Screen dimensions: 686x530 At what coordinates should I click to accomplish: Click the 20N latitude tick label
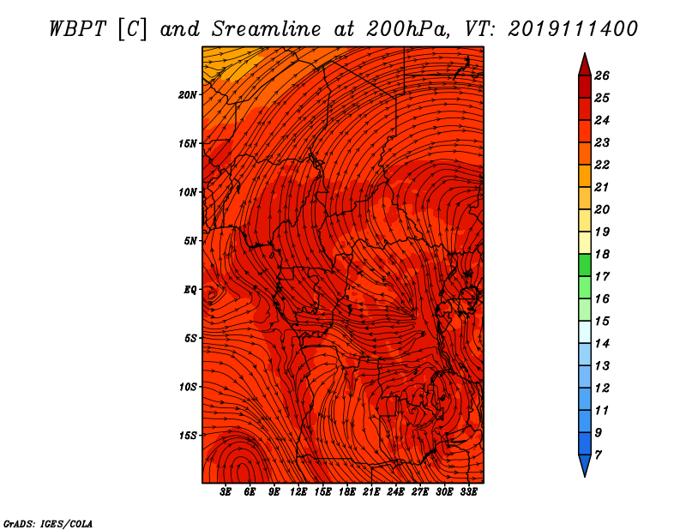coord(187,95)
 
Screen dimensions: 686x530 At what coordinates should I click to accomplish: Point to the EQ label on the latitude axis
coord(190,290)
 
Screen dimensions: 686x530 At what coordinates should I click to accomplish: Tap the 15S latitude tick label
coord(188,436)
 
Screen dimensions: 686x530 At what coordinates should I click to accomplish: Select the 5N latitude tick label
coord(190,241)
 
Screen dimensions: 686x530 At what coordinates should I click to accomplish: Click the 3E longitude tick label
coord(226,492)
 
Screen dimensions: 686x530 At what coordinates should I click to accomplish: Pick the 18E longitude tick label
coord(347,492)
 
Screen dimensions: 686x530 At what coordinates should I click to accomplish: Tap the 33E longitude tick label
coord(468,492)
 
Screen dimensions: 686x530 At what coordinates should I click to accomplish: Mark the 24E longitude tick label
coord(395,492)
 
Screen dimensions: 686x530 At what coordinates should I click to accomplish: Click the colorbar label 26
coord(602,75)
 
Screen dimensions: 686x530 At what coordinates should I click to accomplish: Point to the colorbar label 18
coord(602,254)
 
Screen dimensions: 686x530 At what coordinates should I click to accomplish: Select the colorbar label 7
coord(598,455)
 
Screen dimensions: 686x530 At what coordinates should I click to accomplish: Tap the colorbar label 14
coord(602,344)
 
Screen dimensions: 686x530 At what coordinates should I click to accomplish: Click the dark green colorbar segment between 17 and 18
coord(585,265)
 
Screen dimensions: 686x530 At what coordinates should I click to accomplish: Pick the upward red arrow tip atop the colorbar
coord(585,53)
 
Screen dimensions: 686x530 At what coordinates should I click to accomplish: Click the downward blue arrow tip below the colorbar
coord(585,477)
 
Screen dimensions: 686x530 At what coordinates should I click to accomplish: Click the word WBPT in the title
coord(77,29)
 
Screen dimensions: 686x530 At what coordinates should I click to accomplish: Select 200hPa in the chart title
coord(408,29)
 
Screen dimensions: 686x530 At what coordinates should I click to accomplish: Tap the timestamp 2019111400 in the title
coord(573,29)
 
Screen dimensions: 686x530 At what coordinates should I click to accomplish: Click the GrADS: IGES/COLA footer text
coord(48,524)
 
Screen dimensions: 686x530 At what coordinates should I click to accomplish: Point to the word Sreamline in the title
coord(267,29)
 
